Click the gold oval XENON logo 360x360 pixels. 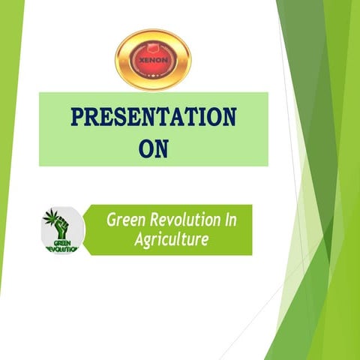coord(153,59)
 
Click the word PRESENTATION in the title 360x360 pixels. coord(153,118)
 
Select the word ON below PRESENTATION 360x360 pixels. coord(154,147)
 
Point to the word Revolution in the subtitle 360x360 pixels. coord(186,220)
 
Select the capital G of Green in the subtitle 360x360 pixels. coord(112,220)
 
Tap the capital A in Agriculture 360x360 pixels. coord(139,240)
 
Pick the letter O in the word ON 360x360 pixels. coord(146,147)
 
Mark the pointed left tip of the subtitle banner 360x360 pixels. coord(83,229)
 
